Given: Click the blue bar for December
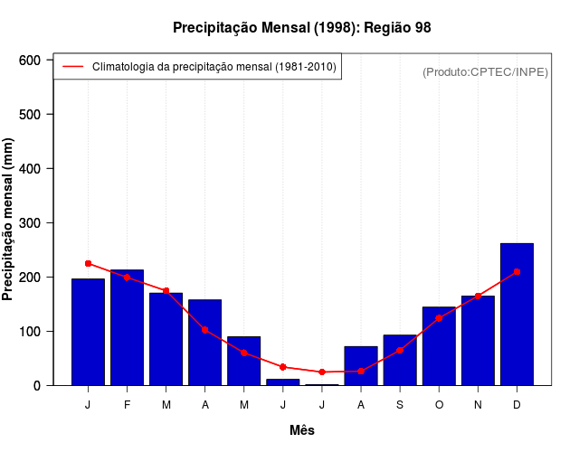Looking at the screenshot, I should click(517, 314).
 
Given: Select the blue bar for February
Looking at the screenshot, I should click(127, 327).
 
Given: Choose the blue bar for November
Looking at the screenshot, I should click(478, 340).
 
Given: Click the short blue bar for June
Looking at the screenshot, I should click(283, 381).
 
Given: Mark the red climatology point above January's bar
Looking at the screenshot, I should click(88, 263).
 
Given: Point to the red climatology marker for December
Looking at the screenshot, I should click(517, 271).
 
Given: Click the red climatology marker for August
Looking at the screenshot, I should click(361, 371).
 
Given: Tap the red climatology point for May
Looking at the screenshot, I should click(244, 353).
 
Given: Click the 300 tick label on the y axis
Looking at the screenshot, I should click(31, 222).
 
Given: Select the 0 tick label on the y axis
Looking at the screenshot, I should click(37, 385).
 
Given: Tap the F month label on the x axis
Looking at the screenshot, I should click(127, 405).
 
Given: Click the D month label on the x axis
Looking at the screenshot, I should click(517, 405).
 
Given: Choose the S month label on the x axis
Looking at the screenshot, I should click(400, 405).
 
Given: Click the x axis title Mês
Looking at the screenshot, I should click(302, 430).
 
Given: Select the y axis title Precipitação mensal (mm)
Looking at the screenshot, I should click(9, 220).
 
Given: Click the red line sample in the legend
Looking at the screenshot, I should click(72, 66).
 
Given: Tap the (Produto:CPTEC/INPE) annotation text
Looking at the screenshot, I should click(485, 71).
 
